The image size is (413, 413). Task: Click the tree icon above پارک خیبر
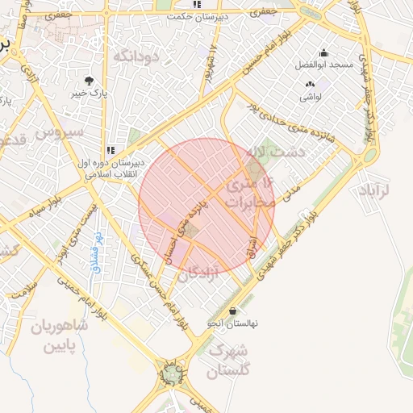click(x=89, y=81)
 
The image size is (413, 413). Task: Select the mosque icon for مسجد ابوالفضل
click(x=324, y=52)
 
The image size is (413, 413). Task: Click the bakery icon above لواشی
click(x=311, y=85)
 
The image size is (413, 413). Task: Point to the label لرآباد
click(x=371, y=190)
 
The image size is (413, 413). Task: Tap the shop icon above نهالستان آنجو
click(x=233, y=311)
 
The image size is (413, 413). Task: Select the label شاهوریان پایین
click(x=58, y=337)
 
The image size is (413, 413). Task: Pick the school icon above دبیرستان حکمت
click(x=198, y=5)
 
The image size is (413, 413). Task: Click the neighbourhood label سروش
click(x=60, y=131)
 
